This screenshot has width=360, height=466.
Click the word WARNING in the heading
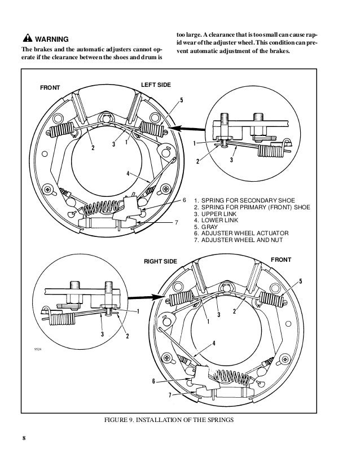(52, 39)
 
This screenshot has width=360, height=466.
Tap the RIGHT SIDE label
(161, 262)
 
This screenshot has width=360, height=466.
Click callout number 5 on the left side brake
(181, 100)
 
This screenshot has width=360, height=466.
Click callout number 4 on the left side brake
(128, 174)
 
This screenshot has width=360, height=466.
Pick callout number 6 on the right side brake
(153, 381)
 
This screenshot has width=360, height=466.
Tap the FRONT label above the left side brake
(50, 88)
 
